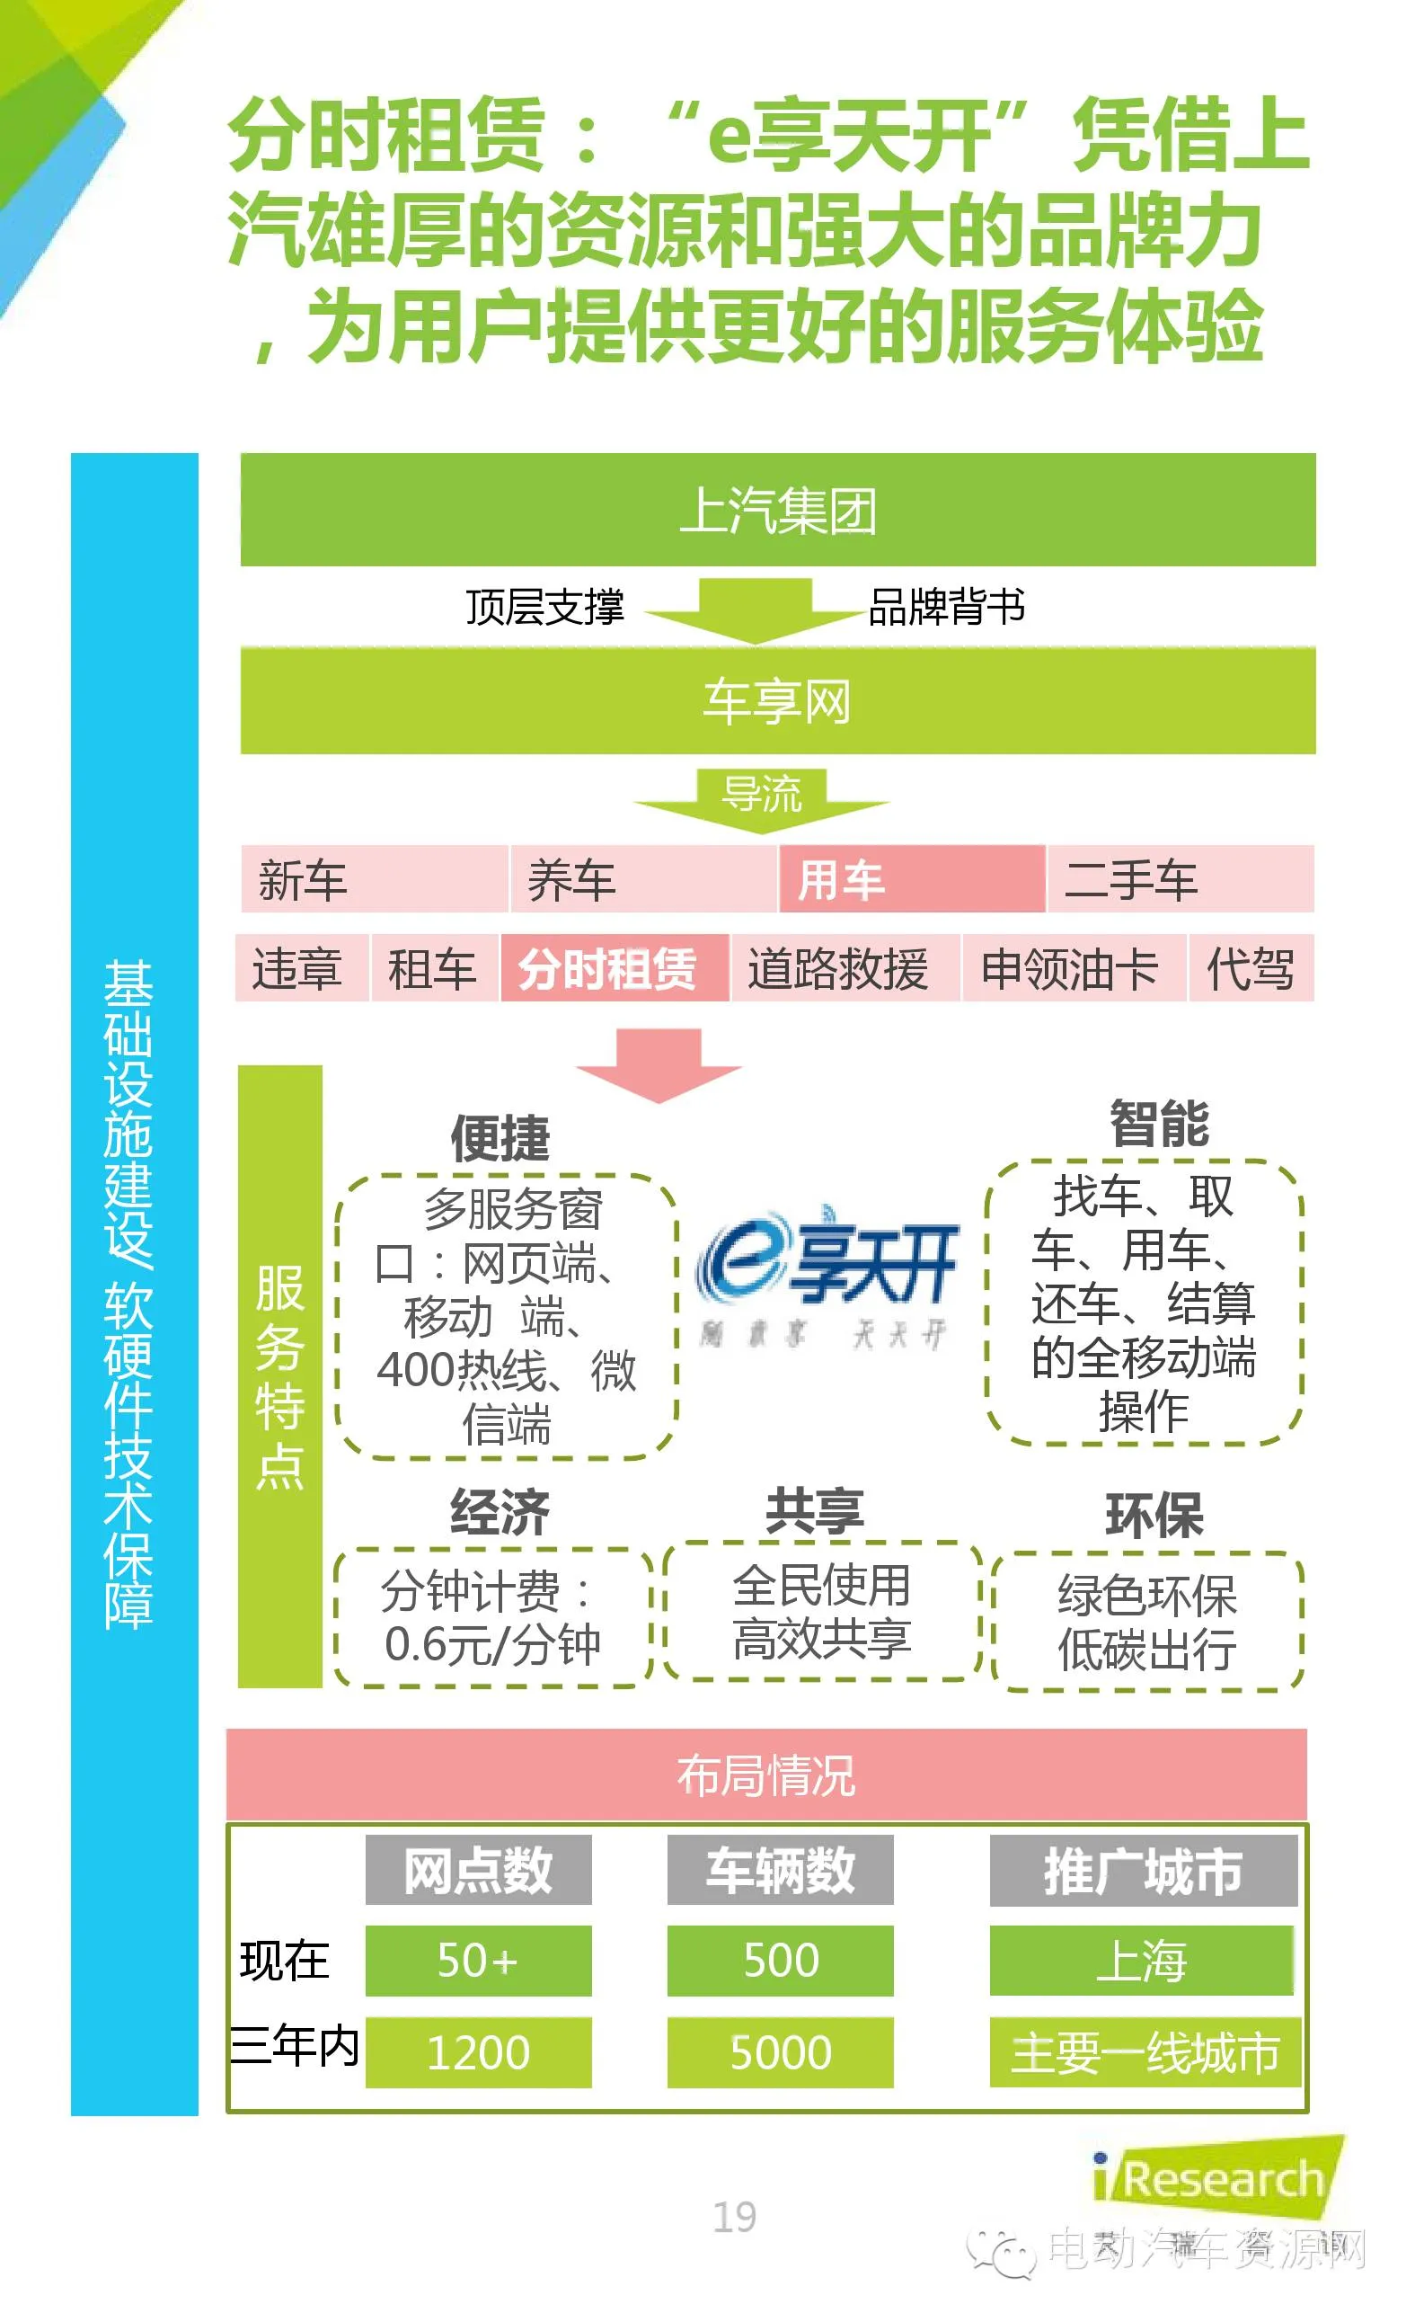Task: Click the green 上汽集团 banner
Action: [x=777, y=510]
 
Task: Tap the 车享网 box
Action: [x=777, y=701]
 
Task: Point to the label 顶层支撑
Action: [x=544, y=607]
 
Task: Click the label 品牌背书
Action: [x=946, y=607]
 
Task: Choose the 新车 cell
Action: [x=374, y=879]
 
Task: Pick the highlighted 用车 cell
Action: [x=911, y=879]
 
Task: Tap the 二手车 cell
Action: [x=1181, y=879]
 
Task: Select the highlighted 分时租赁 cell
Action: [x=615, y=968]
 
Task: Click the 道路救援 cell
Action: [x=845, y=968]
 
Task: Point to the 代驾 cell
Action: [x=1251, y=968]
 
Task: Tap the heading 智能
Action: [x=1159, y=1125]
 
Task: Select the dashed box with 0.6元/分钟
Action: [x=492, y=1618]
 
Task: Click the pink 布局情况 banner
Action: [x=766, y=1775]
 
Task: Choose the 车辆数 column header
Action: [x=780, y=1870]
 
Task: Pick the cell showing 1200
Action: [x=479, y=2052]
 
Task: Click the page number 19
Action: [x=734, y=2218]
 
